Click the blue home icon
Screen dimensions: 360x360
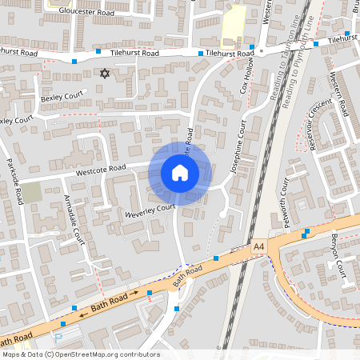(x=180, y=173)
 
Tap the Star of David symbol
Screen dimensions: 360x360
(x=103, y=74)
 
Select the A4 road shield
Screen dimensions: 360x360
(x=258, y=248)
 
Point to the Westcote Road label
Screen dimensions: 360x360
(x=101, y=169)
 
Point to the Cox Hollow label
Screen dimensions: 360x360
(x=248, y=75)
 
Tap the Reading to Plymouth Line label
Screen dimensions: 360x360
(x=298, y=60)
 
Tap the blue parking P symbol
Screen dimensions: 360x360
(x=62, y=325)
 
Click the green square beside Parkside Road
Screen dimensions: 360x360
(x=31, y=192)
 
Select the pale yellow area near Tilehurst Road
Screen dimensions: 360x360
(x=233, y=23)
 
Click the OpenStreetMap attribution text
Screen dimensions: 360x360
(x=80, y=354)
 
